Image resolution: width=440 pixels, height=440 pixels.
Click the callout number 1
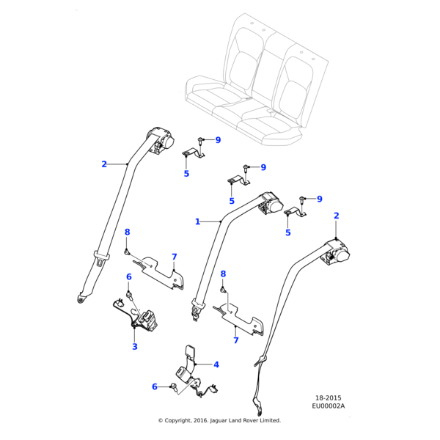point(197,221)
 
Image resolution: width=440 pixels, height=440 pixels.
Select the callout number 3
point(135,346)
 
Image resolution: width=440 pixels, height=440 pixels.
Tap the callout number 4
point(216,364)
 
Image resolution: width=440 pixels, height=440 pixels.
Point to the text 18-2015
point(328,397)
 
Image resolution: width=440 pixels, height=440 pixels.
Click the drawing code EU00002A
point(328,406)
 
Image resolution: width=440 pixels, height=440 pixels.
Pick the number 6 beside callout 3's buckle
point(128,277)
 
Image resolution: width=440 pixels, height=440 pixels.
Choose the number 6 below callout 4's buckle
point(155,386)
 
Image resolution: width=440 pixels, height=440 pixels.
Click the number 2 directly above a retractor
point(337,216)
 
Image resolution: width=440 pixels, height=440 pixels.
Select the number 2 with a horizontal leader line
point(104,164)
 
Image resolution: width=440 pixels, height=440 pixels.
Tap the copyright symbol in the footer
point(161,421)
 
